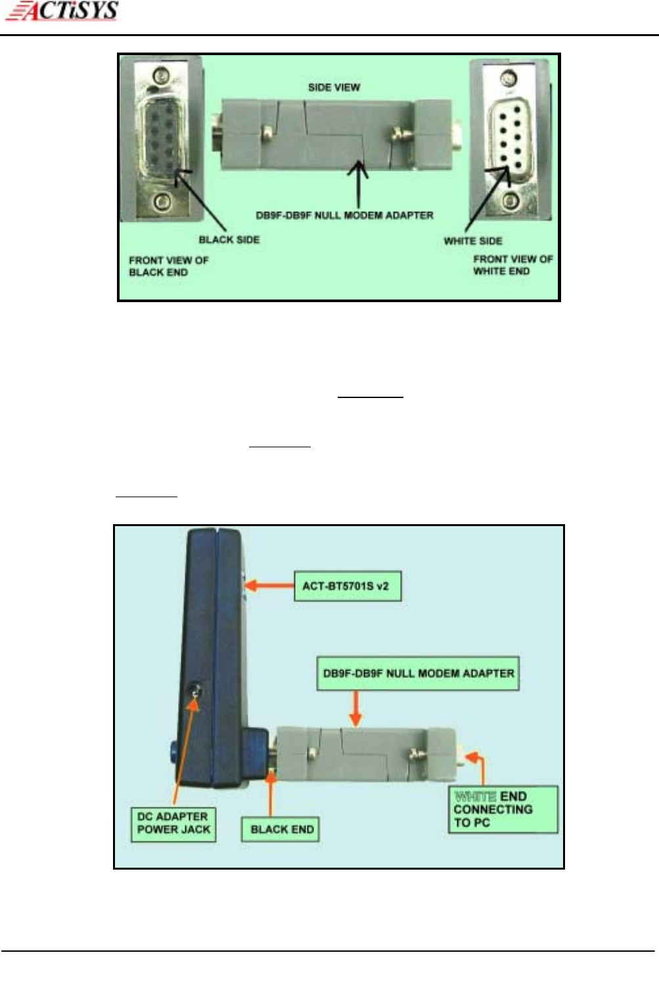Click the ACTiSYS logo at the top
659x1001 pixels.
pos(64,11)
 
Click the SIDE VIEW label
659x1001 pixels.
pos(334,87)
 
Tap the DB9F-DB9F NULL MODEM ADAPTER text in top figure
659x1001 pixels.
pos(344,215)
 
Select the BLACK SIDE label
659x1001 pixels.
pos(229,240)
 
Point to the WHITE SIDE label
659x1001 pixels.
pos(472,241)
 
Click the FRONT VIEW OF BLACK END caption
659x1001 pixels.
pos(168,266)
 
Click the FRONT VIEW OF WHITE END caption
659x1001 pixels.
pos(513,265)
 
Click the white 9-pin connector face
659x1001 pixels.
pos(507,139)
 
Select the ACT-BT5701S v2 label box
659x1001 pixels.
pos(346,585)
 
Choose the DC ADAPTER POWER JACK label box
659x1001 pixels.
pos(173,823)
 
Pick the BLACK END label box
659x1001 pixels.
pos(282,829)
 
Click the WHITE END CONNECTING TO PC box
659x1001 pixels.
pos(503,809)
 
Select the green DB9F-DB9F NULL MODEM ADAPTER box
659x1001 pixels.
pos(418,673)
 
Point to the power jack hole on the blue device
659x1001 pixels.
pos(194,690)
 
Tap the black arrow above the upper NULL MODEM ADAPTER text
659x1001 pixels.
pos(358,185)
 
